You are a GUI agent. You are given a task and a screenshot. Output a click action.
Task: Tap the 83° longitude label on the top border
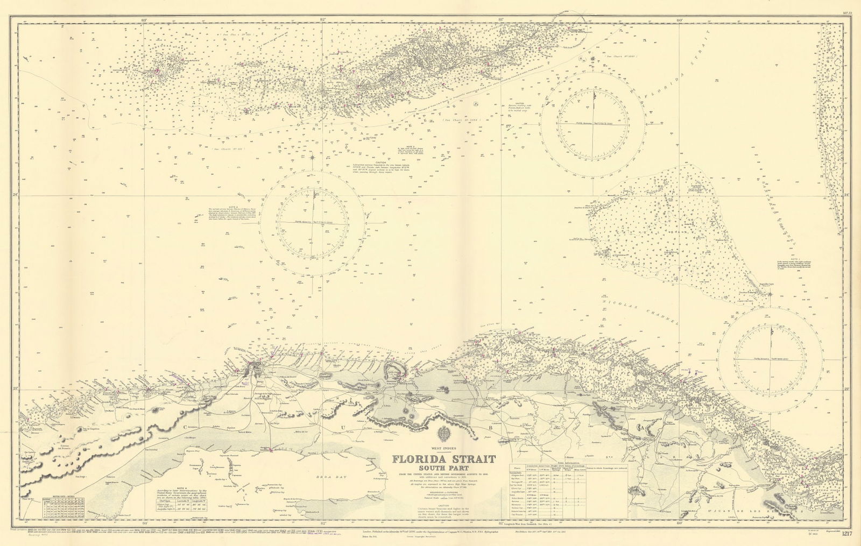point(143,20)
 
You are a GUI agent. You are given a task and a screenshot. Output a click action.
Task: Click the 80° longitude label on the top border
point(679,20)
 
